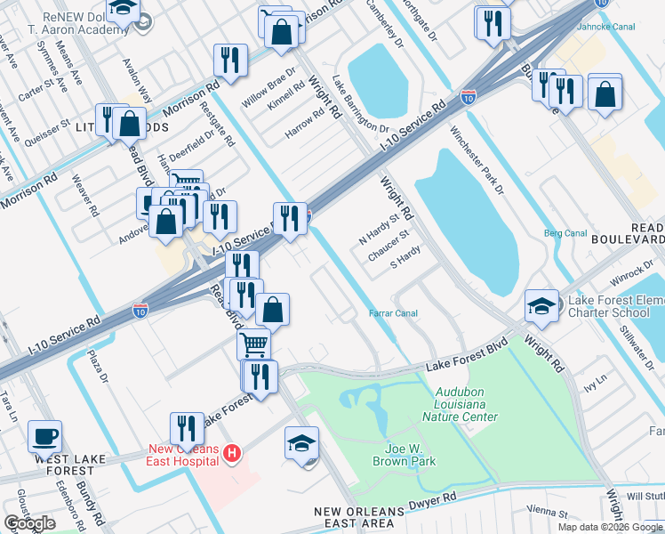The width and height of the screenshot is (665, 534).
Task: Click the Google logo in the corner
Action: point(29,523)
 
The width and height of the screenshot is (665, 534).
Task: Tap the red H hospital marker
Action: point(232,454)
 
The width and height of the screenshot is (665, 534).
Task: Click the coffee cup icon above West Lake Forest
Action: point(44,437)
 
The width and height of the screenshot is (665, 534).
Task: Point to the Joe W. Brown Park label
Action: point(399,456)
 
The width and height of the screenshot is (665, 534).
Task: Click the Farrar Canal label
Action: point(393,313)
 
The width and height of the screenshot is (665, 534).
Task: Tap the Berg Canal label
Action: point(565,233)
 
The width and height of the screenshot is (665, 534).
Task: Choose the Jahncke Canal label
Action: point(629,26)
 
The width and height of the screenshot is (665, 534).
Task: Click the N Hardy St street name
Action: point(380,229)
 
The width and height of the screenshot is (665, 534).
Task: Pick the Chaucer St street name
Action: point(389,247)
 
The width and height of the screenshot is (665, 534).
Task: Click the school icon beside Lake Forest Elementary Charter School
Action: point(541,307)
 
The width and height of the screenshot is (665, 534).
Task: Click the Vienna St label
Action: point(548,513)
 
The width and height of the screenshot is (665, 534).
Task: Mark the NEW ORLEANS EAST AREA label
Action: point(360,518)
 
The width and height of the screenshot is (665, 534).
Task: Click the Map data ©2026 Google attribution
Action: point(610,527)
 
